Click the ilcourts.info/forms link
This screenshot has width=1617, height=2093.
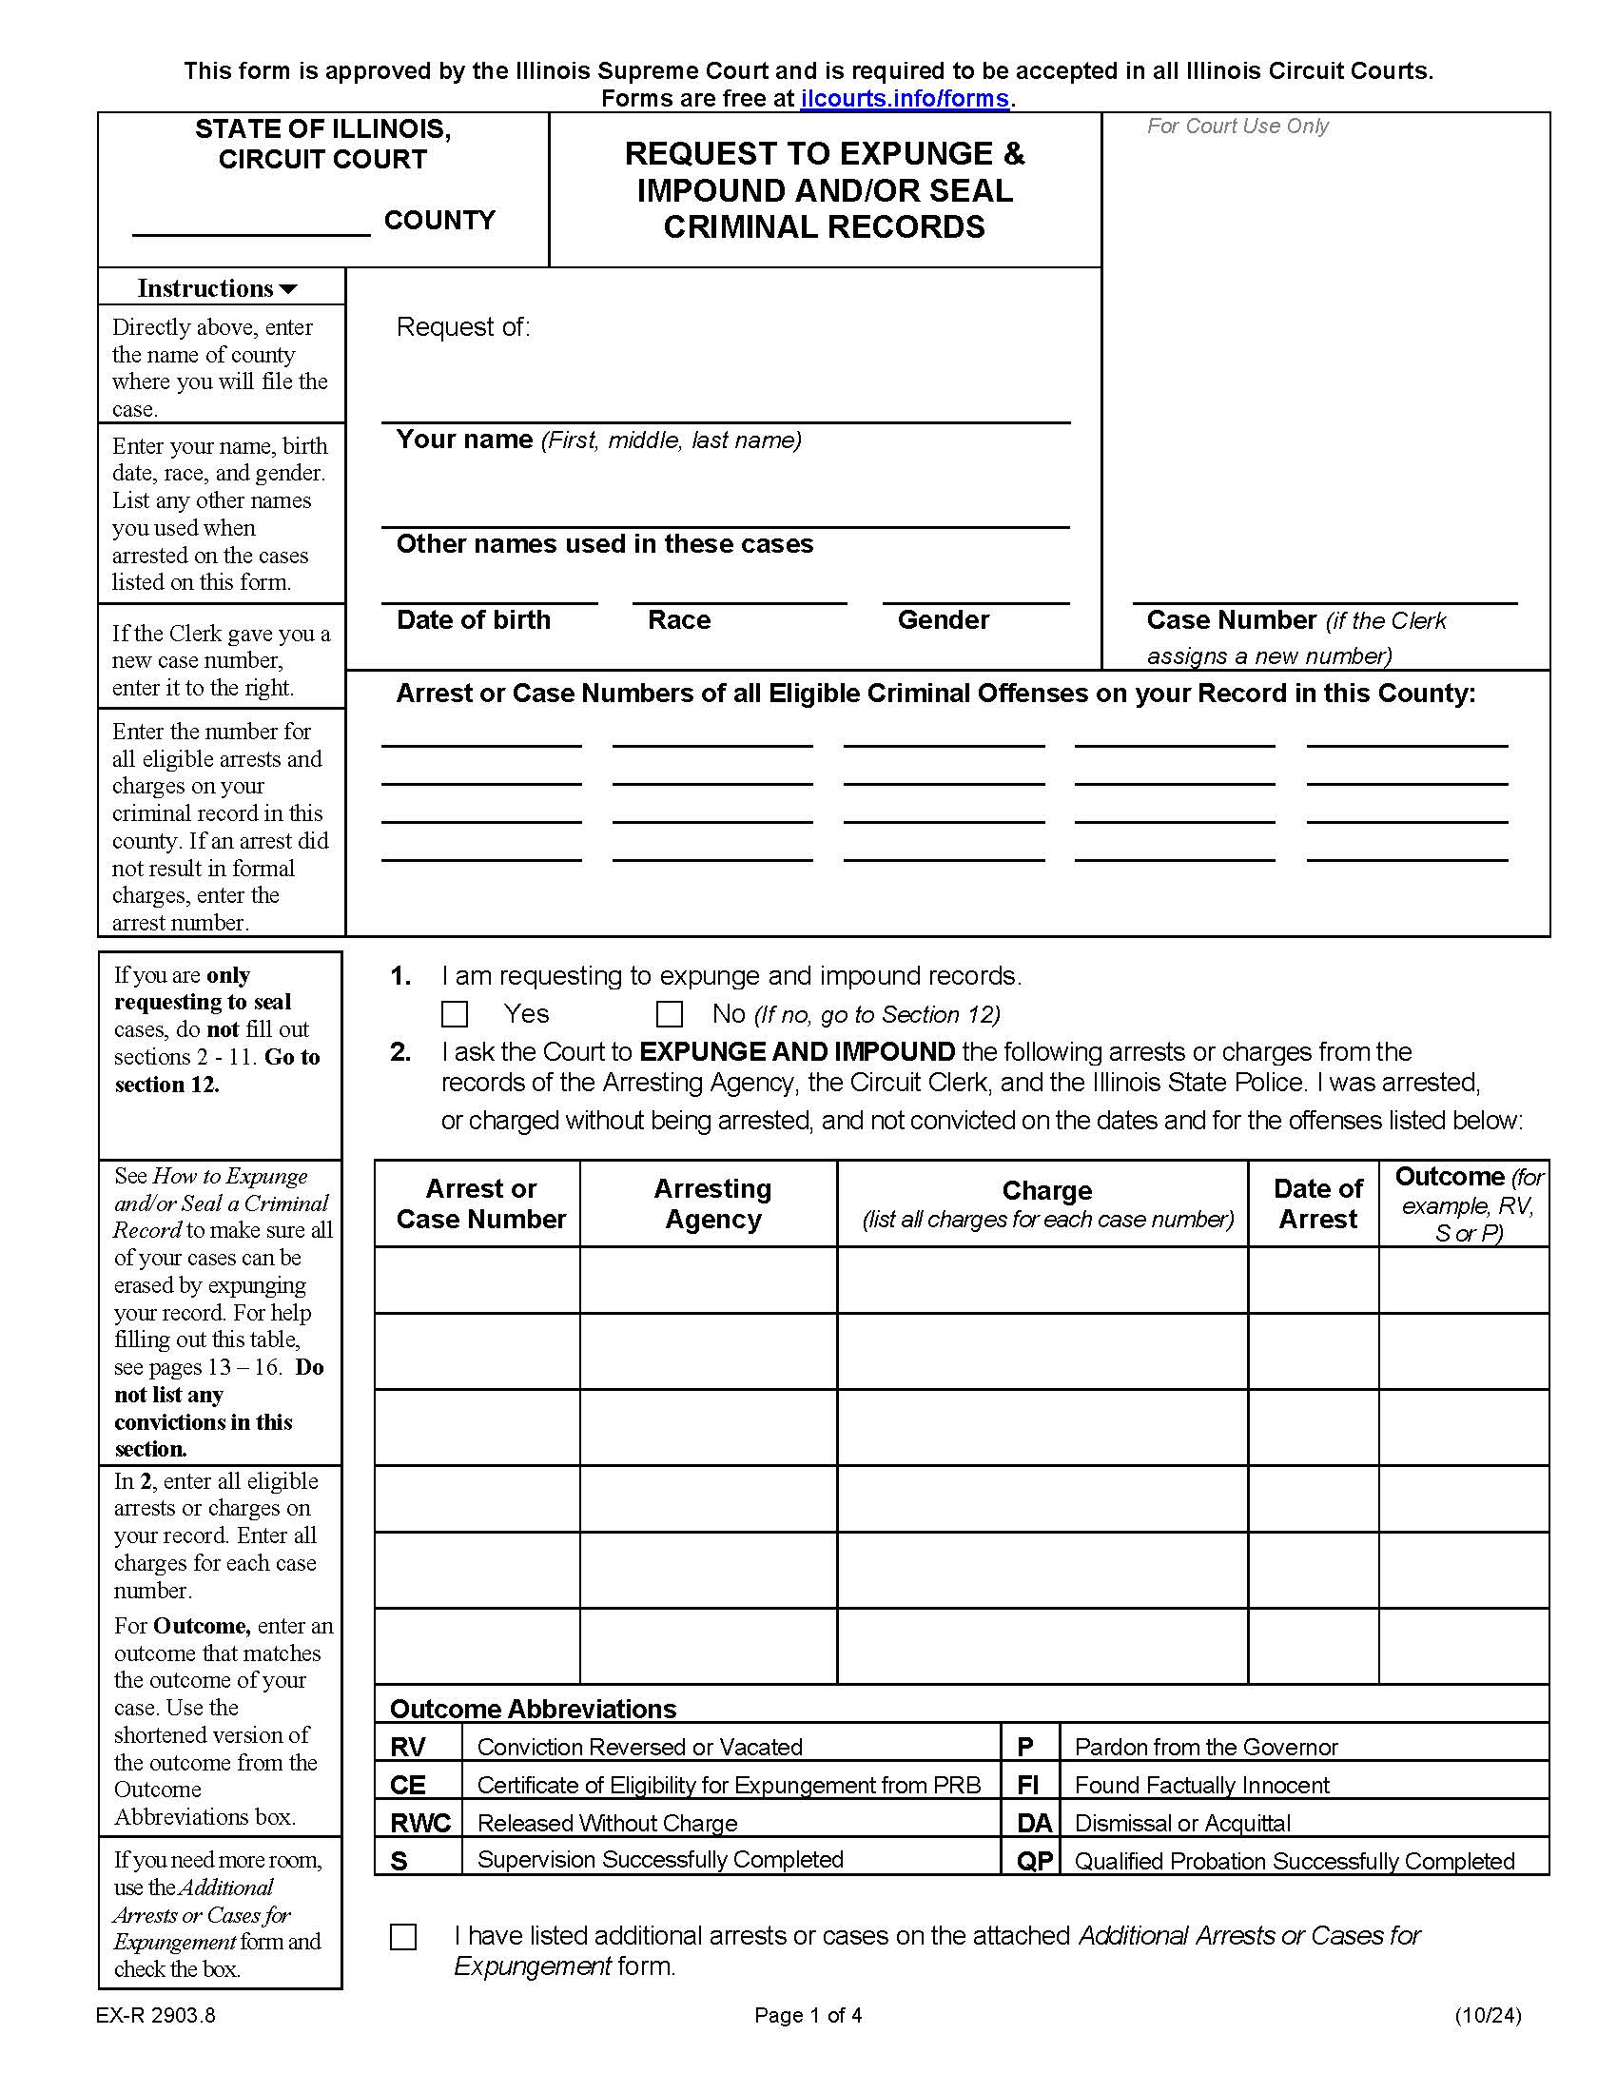click(x=905, y=99)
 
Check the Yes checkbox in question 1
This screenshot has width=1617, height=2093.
click(x=454, y=1014)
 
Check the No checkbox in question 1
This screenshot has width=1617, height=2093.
click(x=669, y=1014)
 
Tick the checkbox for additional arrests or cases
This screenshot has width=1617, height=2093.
click(x=403, y=1937)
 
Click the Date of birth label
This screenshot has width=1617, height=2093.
click(x=474, y=620)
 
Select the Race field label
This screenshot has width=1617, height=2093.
click(x=679, y=620)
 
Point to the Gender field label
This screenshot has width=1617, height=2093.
click(x=943, y=620)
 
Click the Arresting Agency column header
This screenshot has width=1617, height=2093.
click(x=712, y=1203)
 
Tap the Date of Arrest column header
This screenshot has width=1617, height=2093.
click(x=1317, y=1203)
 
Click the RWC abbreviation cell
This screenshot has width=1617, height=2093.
click(x=419, y=1823)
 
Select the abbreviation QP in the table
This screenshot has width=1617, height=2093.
click(x=1034, y=1861)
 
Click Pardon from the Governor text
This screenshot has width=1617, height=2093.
click(x=1205, y=1747)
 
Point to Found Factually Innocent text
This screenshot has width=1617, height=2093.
click(x=1201, y=1786)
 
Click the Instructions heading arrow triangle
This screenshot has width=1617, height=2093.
click(x=287, y=289)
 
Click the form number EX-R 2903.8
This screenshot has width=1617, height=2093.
click(x=155, y=2015)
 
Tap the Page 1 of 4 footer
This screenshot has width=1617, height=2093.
click(x=808, y=2015)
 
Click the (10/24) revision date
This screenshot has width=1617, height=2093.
click(x=1487, y=2015)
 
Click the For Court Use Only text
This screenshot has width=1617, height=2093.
click(x=1237, y=127)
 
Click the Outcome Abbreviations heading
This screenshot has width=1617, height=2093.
click(x=533, y=1709)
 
